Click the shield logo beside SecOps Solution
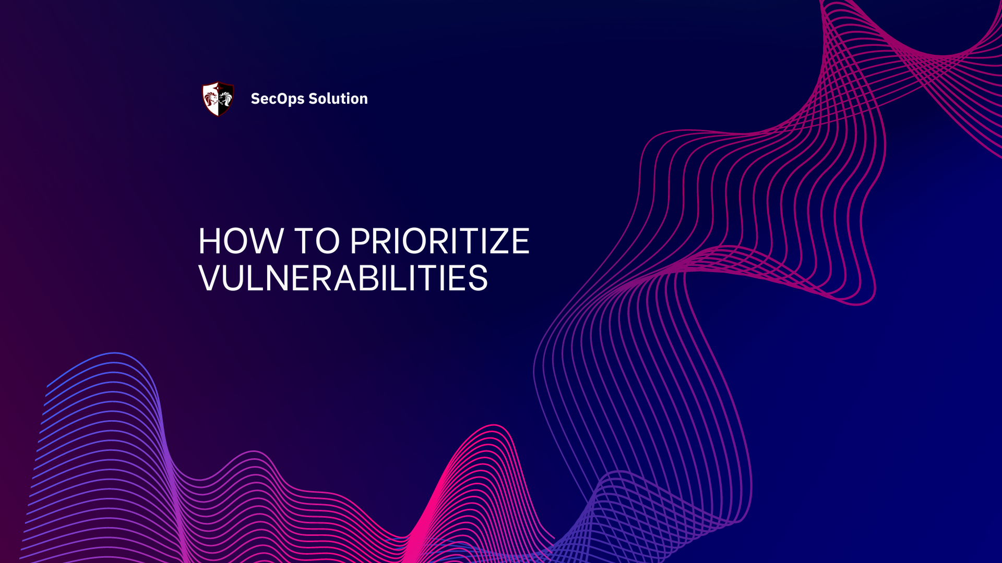(218, 99)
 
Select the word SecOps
(277, 99)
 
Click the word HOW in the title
(240, 241)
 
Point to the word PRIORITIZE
(439, 241)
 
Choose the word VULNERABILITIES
(343, 278)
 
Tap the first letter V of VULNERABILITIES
(211, 278)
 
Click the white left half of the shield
(211, 99)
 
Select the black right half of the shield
(225, 99)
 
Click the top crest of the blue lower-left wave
(115, 354)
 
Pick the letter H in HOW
(211, 241)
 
